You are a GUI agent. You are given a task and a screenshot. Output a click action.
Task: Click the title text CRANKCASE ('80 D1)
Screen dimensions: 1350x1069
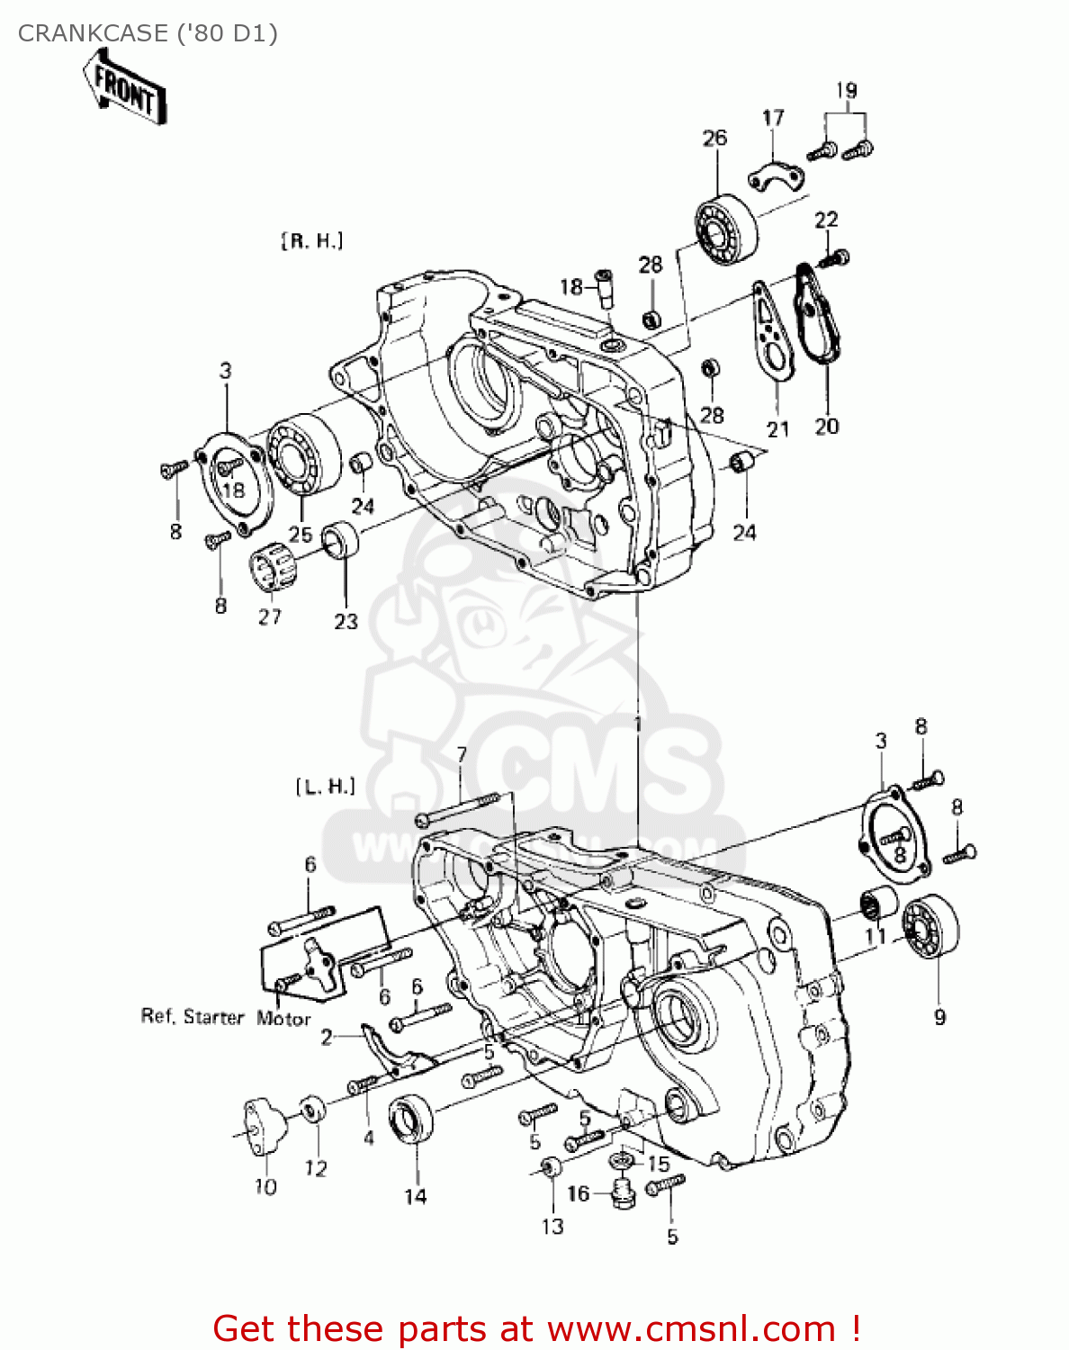(x=148, y=33)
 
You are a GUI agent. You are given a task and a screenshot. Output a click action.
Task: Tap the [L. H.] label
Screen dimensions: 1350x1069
(x=326, y=787)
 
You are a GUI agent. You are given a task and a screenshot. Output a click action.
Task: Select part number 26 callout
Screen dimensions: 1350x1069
(x=714, y=138)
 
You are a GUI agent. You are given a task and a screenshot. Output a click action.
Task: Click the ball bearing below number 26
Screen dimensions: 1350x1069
(x=726, y=229)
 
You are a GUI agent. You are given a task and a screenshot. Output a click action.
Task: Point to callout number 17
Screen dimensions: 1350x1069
(x=773, y=118)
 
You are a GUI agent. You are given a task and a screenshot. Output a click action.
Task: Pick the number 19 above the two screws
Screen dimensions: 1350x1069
(x=846, y=90)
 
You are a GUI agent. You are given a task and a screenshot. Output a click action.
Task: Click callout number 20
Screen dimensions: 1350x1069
(x=826, y=426)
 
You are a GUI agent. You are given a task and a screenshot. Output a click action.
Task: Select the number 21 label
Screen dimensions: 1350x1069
(x=777, y=429)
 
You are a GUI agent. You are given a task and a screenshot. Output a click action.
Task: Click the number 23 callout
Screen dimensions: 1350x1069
(x=346, y=621)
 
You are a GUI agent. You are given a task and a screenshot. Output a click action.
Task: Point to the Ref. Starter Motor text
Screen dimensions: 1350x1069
(x=226, y=1017)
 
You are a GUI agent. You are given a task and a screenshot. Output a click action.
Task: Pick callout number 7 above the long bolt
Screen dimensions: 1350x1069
(x=462, y=754)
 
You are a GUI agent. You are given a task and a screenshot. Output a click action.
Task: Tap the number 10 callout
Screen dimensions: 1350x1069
(x=265, y=1187)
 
